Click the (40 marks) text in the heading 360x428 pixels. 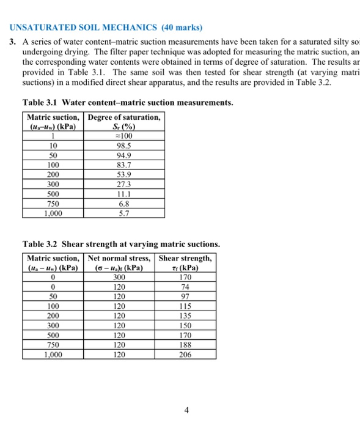click(x=180, y=28)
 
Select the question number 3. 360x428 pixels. click(x=12, y=42)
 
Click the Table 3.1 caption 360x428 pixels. click(x=127, y=102)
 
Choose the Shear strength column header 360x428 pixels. click(x=185, y=263)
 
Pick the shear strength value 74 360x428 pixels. click(x=185, y=288)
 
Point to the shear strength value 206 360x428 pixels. click(x=185, y=354)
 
